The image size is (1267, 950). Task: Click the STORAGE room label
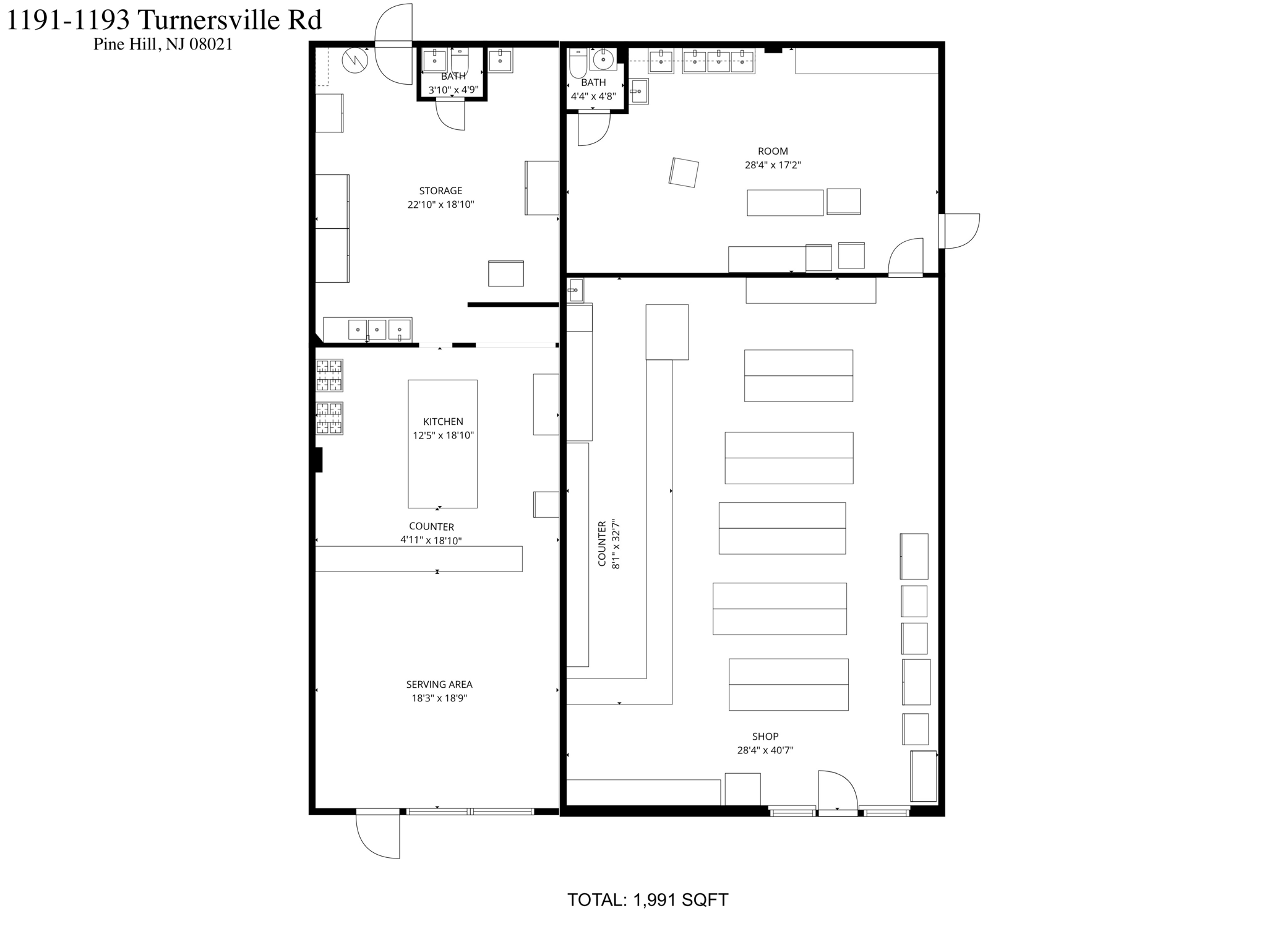(440, 190)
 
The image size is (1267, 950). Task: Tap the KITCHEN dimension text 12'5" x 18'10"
(443, 435)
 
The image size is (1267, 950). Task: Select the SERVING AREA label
(439, 684)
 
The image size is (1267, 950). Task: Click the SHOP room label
(765, 736)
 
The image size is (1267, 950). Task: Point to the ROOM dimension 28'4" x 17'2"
(773, 165)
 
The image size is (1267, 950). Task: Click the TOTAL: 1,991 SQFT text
(648, 900)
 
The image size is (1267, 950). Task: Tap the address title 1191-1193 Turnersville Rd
(164, 20)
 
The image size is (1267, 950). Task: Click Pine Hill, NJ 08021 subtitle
(163, 45)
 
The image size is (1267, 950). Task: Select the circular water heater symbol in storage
(355, 61)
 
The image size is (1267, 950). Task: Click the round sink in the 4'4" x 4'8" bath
(603, 59)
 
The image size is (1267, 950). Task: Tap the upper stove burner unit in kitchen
(329, 375)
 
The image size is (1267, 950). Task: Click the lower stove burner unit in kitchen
(329, 418)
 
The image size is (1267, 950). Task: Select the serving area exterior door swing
(378, 835)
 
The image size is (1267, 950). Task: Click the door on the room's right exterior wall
(959, 231)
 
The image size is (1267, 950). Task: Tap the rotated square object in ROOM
(684, 173)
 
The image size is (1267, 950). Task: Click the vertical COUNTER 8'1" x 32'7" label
(608, 544)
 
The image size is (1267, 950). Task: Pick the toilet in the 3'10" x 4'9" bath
(460, 62)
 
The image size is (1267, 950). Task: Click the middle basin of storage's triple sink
(377, 329)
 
